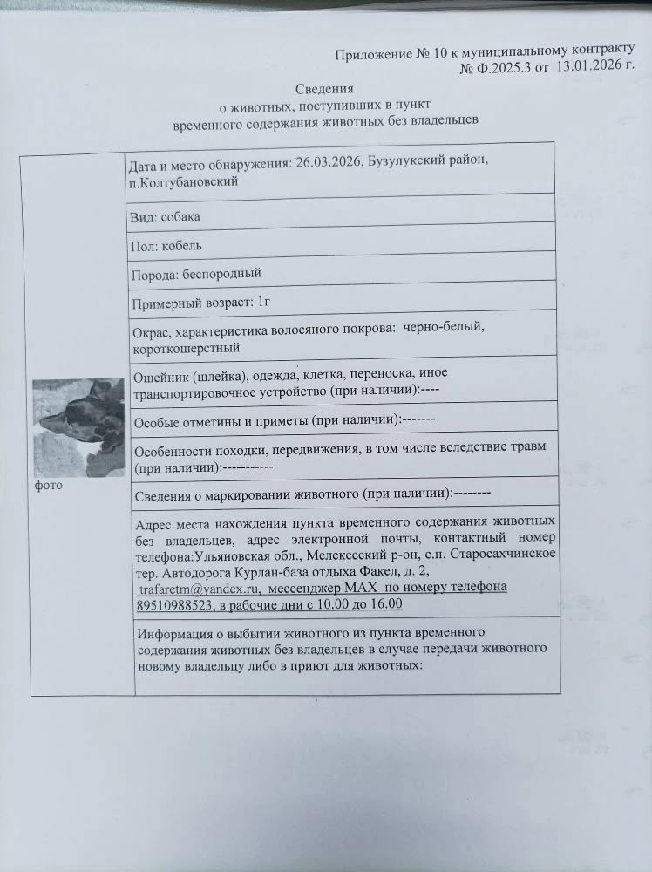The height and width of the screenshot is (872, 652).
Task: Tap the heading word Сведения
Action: (323, 88)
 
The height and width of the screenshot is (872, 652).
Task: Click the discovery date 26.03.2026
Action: (328, 163)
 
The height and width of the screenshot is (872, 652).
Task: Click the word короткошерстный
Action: (186, 349)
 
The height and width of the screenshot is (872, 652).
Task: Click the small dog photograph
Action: (78, 427)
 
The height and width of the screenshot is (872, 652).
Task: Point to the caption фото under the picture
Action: (48, 485)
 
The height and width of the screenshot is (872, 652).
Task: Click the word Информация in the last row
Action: (177, 632)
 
